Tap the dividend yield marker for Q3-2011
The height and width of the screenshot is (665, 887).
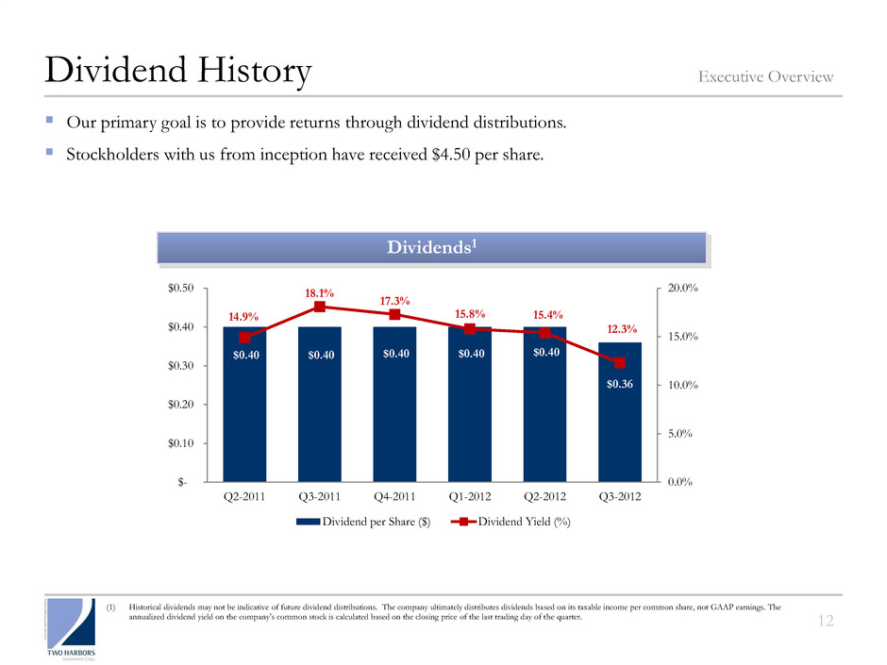[319, 307]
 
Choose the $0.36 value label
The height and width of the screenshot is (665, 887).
[619, 383]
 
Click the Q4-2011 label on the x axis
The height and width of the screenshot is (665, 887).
[394, 497]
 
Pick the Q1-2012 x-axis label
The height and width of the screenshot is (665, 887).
[469, 497]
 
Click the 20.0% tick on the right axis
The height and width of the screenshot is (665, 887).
[682, 288]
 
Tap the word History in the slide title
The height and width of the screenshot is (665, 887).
[243, 72]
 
